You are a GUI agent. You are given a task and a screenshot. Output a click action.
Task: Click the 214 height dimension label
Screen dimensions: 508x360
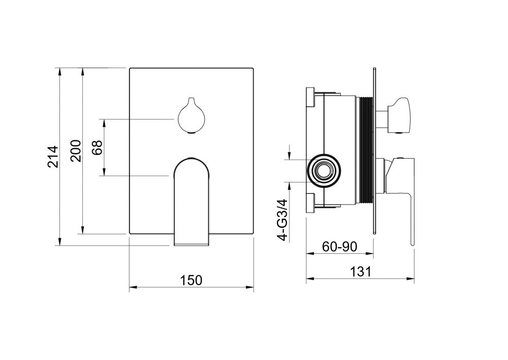(53, 156)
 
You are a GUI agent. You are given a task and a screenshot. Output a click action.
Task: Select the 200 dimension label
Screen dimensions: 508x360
(75, 151)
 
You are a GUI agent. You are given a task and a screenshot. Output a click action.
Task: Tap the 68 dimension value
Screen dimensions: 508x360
(97, 147)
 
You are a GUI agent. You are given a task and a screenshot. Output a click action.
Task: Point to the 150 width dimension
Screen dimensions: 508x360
(191, 280)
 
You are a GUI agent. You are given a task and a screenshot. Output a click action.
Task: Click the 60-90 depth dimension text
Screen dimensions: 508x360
(339, 247)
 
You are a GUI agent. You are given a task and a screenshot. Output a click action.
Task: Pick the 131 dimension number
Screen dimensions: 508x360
(360, 271)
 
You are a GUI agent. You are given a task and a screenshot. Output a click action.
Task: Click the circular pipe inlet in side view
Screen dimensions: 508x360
(324, 170)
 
